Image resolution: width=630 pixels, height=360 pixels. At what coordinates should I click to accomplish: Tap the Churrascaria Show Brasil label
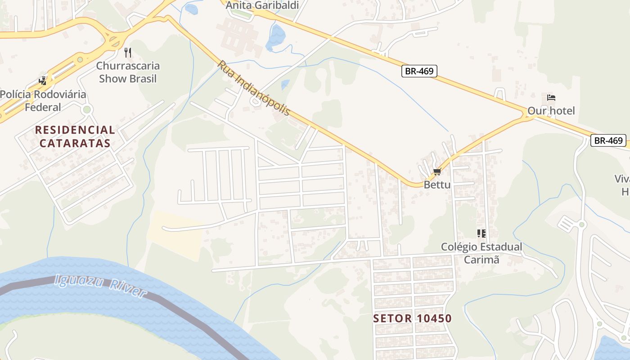point(128,72)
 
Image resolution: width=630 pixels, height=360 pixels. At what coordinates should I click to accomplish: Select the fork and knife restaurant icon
point(128,53)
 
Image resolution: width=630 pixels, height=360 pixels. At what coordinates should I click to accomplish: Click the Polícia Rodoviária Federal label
point(43,101)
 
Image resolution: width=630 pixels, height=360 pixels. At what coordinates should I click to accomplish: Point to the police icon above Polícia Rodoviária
point(43,81)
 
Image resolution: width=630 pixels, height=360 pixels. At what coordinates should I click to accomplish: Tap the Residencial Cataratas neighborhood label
point(75,137)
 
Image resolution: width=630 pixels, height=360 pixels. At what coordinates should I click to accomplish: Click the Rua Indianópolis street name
point(254,88)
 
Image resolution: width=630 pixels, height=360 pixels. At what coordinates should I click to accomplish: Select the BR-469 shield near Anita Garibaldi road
point(419,71)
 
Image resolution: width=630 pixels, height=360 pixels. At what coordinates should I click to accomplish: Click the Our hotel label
point(551,111)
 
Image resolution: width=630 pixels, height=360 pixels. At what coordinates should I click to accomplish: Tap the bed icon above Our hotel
point(551,97)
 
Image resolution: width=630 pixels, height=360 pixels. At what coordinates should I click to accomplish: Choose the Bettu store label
point(437,184)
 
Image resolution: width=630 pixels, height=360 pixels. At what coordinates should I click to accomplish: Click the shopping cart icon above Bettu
point(437,171)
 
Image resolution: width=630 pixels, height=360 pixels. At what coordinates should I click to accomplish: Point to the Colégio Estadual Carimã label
point(481,253)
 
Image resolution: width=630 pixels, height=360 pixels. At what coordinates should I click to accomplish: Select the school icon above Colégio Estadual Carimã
point(481,233)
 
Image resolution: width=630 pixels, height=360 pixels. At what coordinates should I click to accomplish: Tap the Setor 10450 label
point(412,319)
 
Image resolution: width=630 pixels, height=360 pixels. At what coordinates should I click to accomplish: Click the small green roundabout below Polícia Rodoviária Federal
point(87,109)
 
